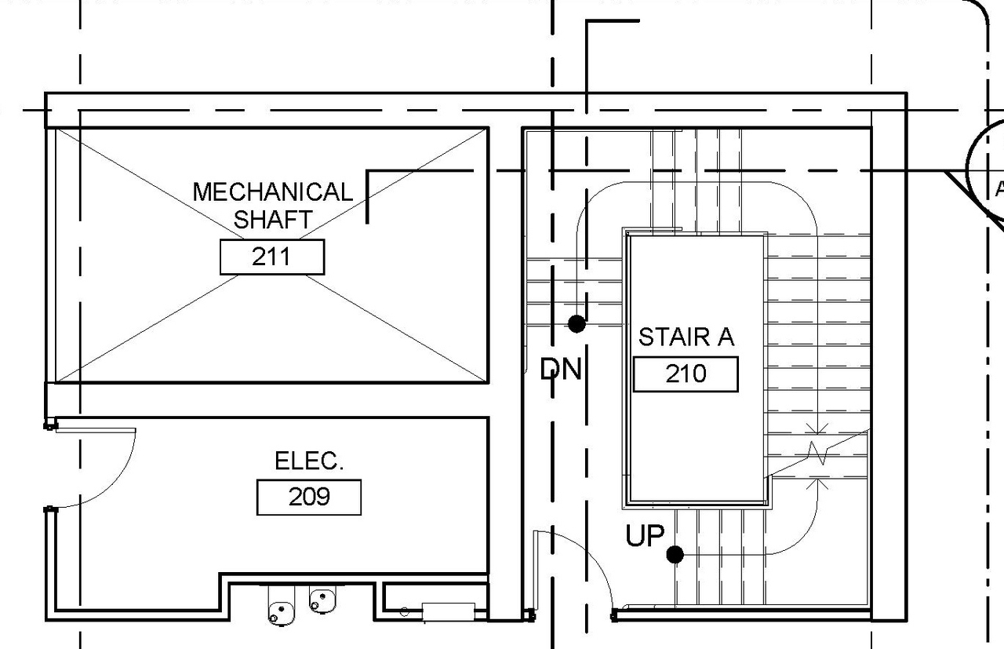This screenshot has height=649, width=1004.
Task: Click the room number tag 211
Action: [x=271, y=257]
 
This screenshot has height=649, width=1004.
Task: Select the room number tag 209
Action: [x=308, y=497]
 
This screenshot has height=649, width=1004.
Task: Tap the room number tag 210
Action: [x=686, y=374]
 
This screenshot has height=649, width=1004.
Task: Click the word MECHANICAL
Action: [x=272, y=192]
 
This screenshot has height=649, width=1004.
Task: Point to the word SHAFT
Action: [x=272, y=220]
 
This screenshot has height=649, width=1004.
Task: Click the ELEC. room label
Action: [x=309, y=461]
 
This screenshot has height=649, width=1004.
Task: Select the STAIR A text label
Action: [x=686, y=337]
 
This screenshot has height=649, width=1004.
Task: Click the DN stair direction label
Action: [x=562, y=369]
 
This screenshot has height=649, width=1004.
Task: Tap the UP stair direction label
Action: [x=645, y=537]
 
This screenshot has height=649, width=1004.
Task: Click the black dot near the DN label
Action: [x=577, y=323]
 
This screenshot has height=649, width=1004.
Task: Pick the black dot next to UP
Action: [x=675, y=555]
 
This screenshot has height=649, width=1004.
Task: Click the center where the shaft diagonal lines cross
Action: [x=271, y=256]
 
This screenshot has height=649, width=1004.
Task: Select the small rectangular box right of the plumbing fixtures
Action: [x=448, y=611]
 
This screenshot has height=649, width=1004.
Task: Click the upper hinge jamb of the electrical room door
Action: [x=50, y=425]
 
